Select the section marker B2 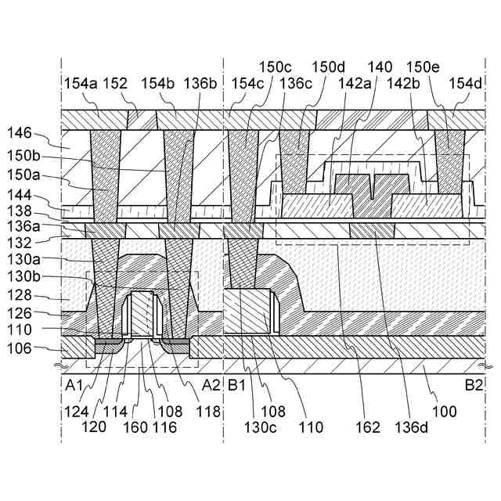point(473,384)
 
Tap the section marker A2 point(211,384)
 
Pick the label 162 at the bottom point(366,428)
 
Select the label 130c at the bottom point(258,428)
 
